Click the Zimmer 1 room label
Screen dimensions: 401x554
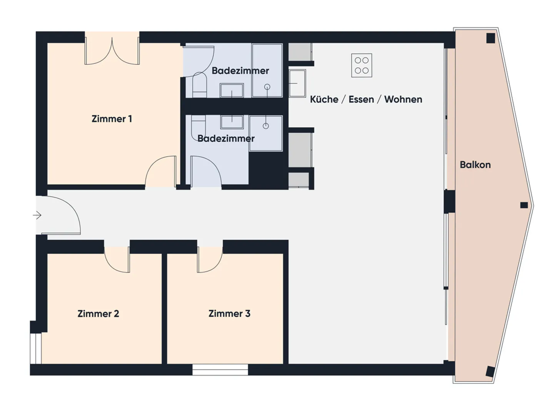pos(112,119)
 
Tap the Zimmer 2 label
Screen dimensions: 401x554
pos(98,314)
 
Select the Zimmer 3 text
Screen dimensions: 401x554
pos(229,314)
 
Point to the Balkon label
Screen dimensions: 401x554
pos(475,165)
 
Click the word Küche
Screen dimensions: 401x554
pos(324,100)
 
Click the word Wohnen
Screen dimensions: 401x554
pos(403,100)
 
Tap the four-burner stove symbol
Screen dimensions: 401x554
pos(362,65)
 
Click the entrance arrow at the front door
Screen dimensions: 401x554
pos(37,215)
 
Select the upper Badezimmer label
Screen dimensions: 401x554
pos(240,71)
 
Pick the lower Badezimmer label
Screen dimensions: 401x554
pos(226,138)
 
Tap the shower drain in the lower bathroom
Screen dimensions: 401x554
pos(265,126)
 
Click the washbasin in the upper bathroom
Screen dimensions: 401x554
pos(232,91)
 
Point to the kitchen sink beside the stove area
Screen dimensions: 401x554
pos(297,83)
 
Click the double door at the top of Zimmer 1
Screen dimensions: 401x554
pos(112,52)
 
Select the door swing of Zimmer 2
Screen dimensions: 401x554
pos(117,259)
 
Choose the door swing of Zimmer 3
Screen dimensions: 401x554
pos(210,259)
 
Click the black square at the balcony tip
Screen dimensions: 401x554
pos(524,205)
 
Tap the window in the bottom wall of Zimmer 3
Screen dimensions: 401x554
pos(220,370)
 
